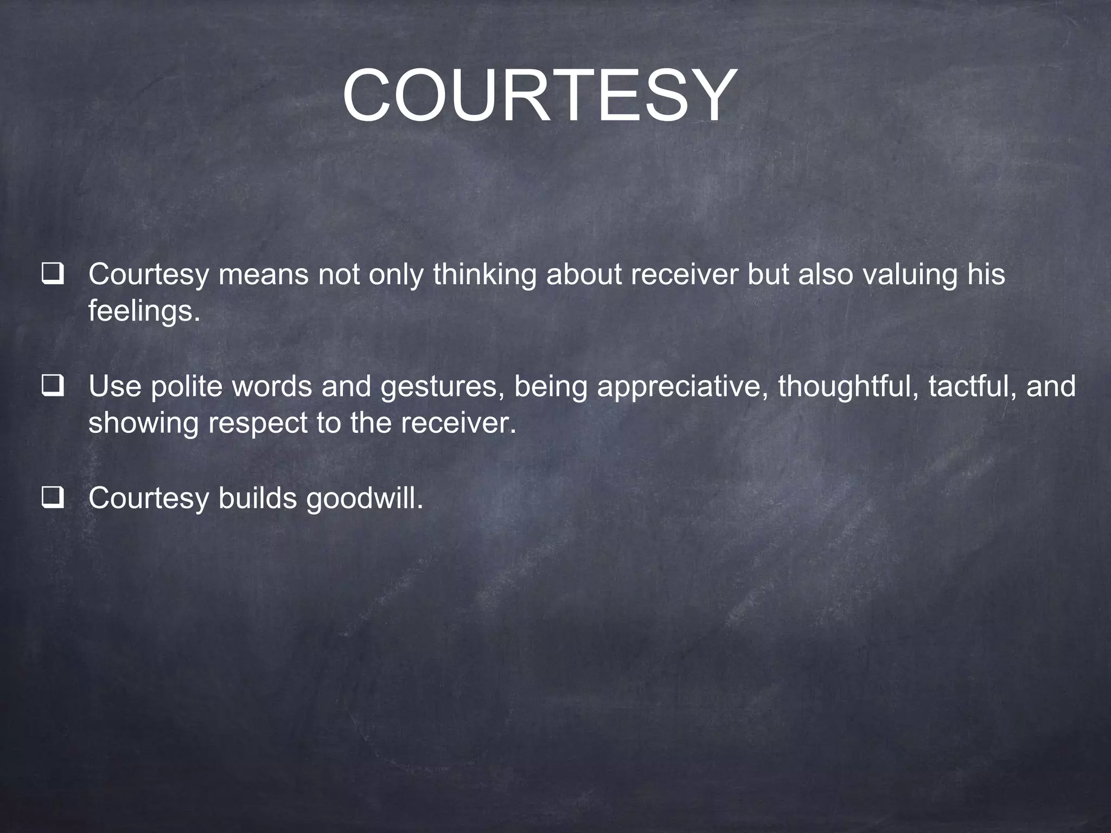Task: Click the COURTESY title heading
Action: pos(540,96)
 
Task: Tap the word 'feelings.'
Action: pos(144,311)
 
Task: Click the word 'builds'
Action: pos(257,498)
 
